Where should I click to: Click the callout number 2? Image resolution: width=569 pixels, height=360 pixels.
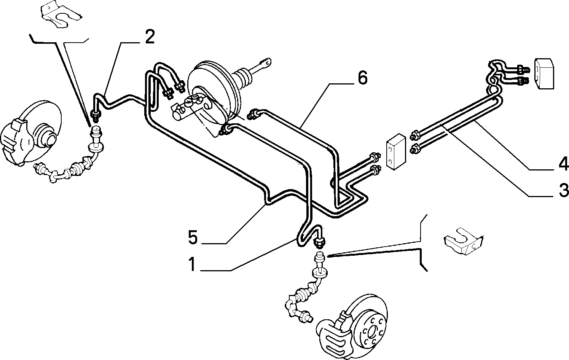(150, 37)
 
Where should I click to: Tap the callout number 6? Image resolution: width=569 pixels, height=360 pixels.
(362, 78)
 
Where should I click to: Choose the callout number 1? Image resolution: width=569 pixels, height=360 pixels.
(192, 264)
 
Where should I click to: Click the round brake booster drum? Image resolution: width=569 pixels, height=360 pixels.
(214, 93)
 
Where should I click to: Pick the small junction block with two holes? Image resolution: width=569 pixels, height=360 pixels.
(396, 152)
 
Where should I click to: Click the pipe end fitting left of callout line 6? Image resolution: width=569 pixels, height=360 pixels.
(253, 114)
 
